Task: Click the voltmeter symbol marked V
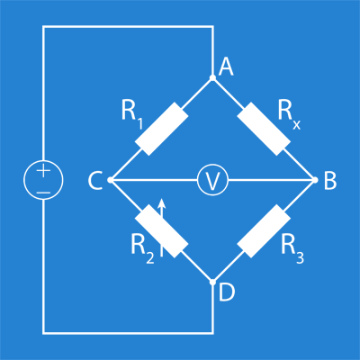click(212, 180)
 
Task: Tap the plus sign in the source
click(44, 171)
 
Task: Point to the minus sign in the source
click(44, 192)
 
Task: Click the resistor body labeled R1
click(162, 129)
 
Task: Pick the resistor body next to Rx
click(264, 129)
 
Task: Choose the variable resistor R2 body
click(162, 231)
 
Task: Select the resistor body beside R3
click(264, 231)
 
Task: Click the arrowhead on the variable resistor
click(162, 203)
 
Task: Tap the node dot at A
click(212, 78)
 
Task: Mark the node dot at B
click(315, 180)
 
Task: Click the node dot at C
click(111, 180)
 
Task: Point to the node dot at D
click(212, 283)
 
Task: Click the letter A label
click(226, 67)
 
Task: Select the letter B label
click(330, 181)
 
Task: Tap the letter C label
click(95, 181)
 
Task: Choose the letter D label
click(227, 292)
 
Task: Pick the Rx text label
click(289, 114)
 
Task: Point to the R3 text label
click(292, 249)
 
